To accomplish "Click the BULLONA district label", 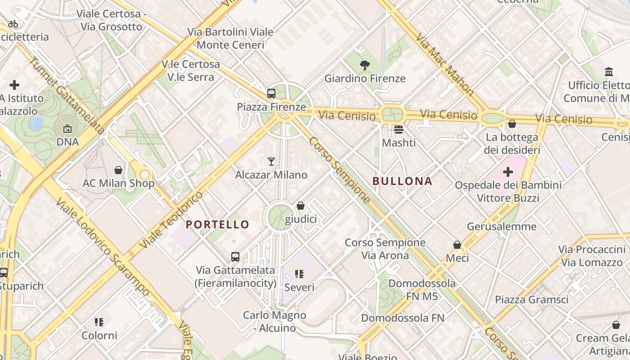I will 402,181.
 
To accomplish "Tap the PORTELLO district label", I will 217,225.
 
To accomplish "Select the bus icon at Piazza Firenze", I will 271,94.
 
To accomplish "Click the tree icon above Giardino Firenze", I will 365,65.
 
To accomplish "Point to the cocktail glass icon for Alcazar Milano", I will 271,161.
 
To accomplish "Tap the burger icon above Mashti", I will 398,130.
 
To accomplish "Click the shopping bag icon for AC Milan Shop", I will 118,170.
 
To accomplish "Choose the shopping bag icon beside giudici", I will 301,206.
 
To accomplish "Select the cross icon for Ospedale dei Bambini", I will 508,171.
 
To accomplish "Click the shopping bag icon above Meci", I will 457,245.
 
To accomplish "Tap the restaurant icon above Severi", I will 299,274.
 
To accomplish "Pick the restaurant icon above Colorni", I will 99,322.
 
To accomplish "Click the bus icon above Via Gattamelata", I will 235,257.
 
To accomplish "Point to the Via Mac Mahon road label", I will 445,64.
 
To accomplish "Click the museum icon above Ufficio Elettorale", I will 609,72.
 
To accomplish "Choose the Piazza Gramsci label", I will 531,300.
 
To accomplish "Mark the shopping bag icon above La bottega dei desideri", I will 512,124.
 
